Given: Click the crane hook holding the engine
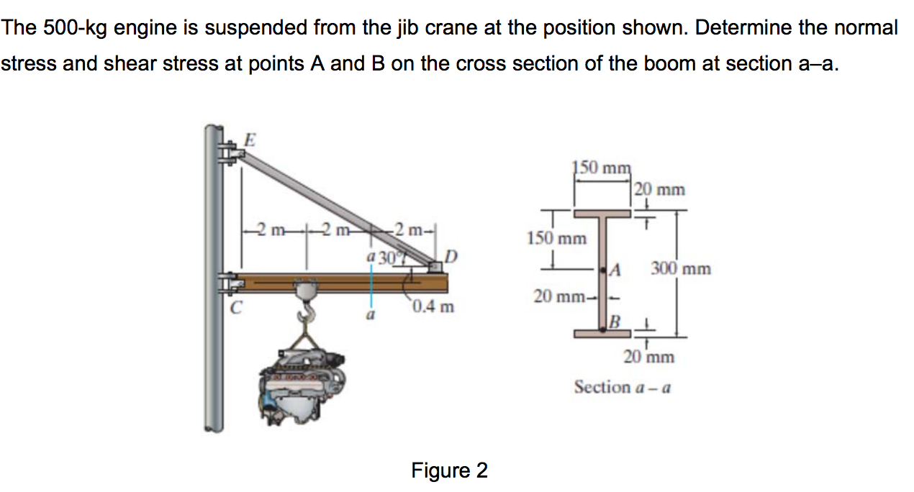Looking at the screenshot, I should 307,313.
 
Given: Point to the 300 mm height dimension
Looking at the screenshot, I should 681,269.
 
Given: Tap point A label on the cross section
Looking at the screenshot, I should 615,270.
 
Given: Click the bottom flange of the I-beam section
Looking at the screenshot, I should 603,333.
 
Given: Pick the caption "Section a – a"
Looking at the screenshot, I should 623,388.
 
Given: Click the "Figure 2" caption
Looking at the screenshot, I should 449,470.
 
